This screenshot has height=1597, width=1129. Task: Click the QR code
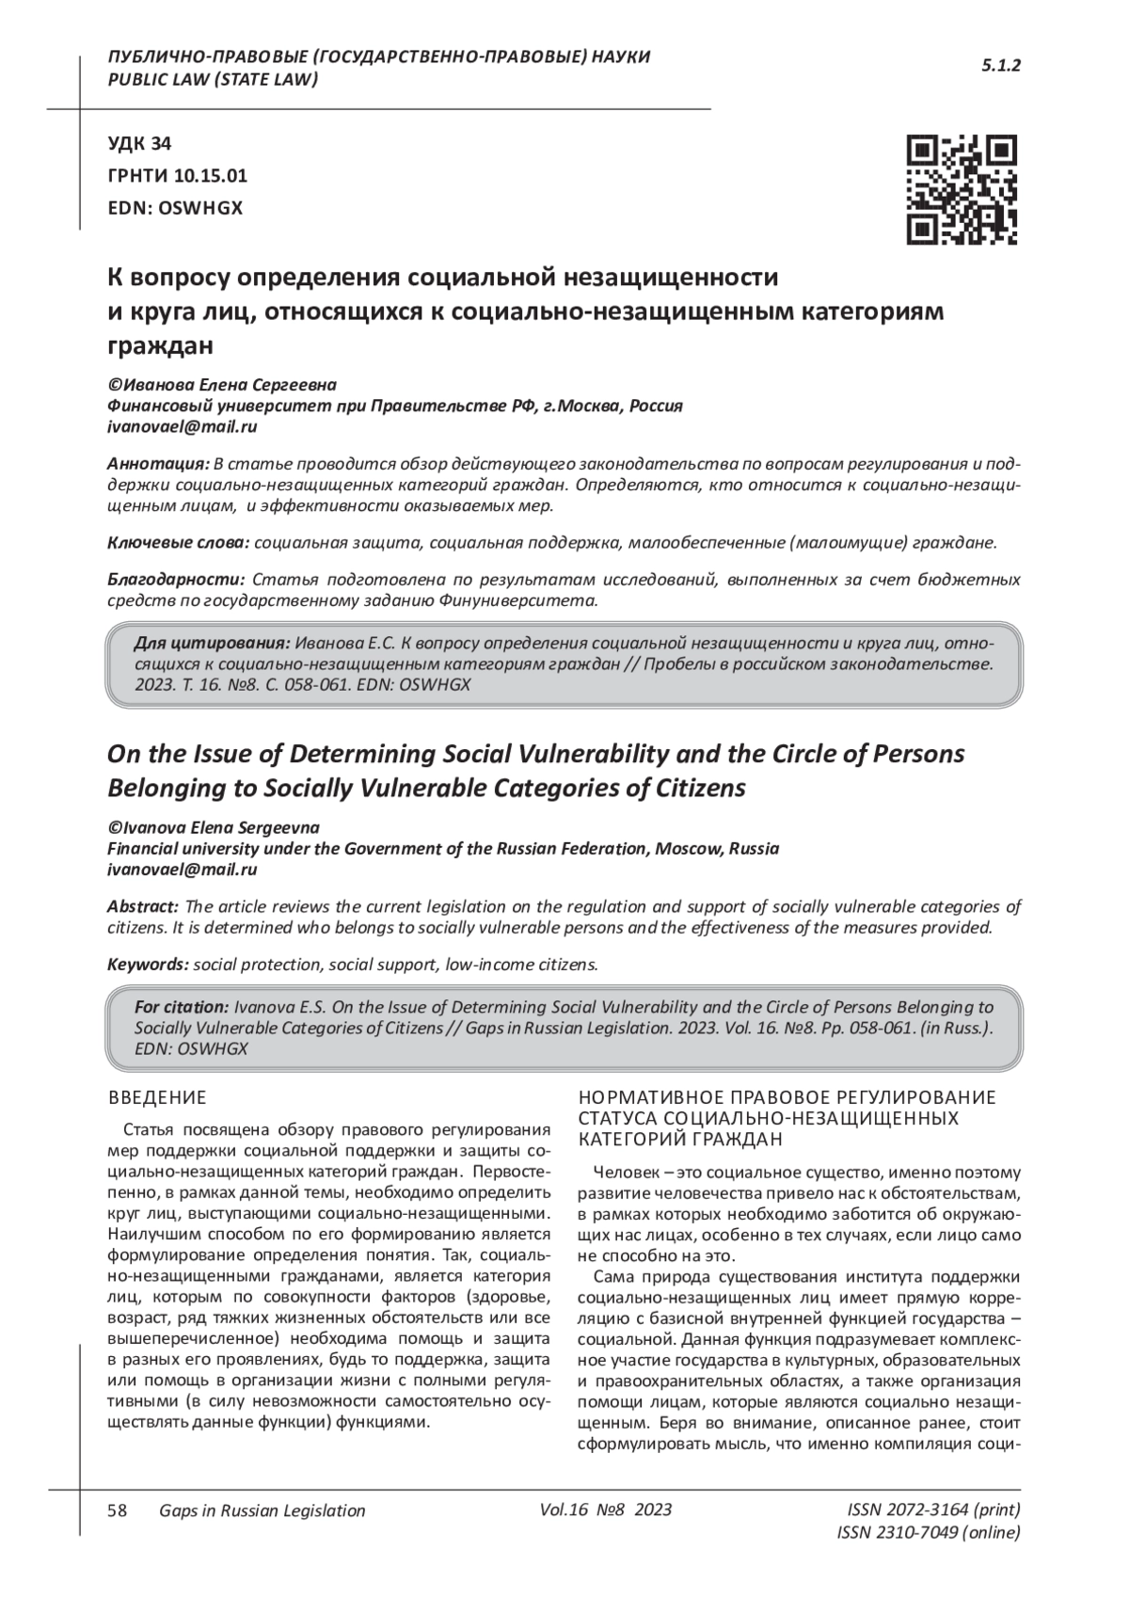(961, 189)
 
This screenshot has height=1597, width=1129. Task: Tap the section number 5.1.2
(1001, 66)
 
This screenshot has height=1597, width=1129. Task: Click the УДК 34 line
(140, 144)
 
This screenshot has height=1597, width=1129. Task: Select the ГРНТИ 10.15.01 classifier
(178, 176)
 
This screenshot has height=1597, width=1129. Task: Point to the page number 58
(118, 1510)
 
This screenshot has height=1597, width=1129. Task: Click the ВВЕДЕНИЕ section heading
(157, 1098)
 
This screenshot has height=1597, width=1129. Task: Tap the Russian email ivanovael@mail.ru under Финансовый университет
(183, 426)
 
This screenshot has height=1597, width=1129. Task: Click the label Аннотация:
(158, 465)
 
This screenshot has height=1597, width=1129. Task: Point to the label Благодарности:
(176, 579)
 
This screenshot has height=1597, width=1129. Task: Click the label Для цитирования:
(212, 643)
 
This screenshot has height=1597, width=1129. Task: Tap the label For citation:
(182, 1007)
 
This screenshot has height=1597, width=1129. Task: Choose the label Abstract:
(143, 907)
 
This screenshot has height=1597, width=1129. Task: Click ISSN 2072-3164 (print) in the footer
(933, 1510)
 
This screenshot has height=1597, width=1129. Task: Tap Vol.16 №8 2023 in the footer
(606, 1510)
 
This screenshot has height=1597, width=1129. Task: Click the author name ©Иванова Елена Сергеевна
(222, 385)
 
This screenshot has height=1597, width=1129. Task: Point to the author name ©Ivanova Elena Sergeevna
(214, 828)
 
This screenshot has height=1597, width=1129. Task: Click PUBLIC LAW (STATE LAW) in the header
(213, 79)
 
